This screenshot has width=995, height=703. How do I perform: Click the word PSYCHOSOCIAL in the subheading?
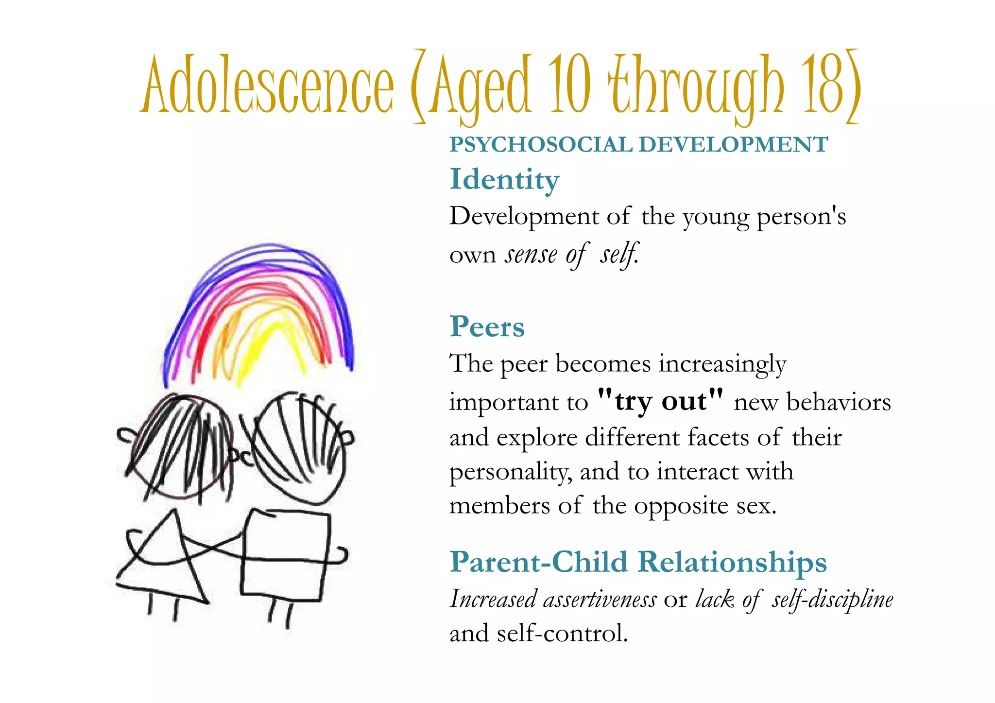[x=540, y=145]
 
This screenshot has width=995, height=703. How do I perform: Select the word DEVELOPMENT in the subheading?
[x=733, y=145]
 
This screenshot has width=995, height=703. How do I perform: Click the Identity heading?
[x=504, y=180]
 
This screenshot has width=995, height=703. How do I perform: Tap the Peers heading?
[x=487, y=326]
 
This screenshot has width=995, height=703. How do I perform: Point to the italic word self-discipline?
[x=832, y=600]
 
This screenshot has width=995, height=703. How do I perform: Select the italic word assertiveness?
[x=600, y=600]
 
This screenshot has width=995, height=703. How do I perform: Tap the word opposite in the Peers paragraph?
[x=682, y=506]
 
